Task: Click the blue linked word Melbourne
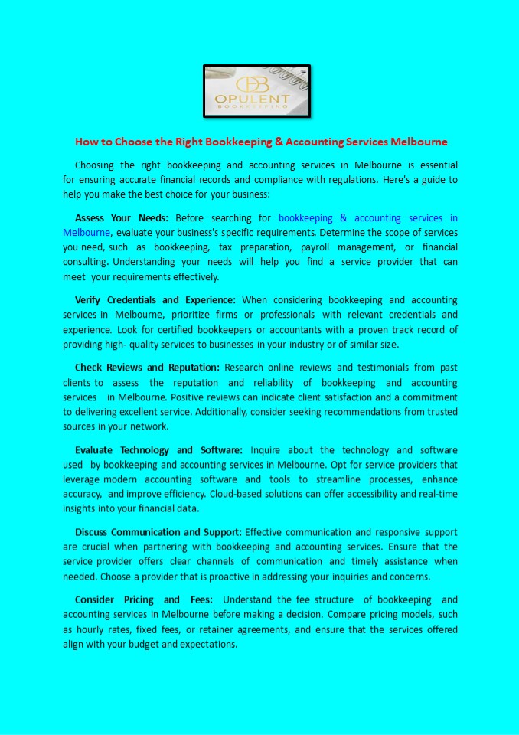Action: (x=86, y=232)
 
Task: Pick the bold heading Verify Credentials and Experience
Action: (x=155, y=299)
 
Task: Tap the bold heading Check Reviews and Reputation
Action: (x=147, y=367)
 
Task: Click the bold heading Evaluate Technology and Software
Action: (x=158, y=449)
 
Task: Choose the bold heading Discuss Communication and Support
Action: (x=158, y=531)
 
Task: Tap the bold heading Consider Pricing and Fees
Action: (x=142, y=599)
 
